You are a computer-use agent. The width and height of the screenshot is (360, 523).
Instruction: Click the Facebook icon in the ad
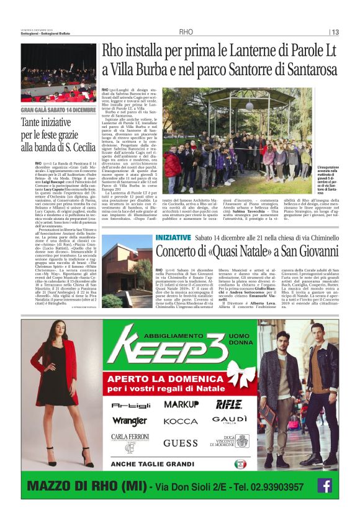[x=324, y=485]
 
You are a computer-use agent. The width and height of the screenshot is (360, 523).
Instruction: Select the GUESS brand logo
[x=179, y=443]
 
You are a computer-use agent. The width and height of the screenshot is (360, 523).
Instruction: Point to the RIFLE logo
[x=229, y=404]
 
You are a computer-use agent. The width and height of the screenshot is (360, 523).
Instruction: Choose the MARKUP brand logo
[x=181, y=404]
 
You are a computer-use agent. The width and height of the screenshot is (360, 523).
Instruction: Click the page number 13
[x=335, y=32]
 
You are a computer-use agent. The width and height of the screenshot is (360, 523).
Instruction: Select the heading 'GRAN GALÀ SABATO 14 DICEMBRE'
[x=58, y=110]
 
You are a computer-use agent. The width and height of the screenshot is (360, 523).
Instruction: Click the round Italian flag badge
[x=240, y=464]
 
